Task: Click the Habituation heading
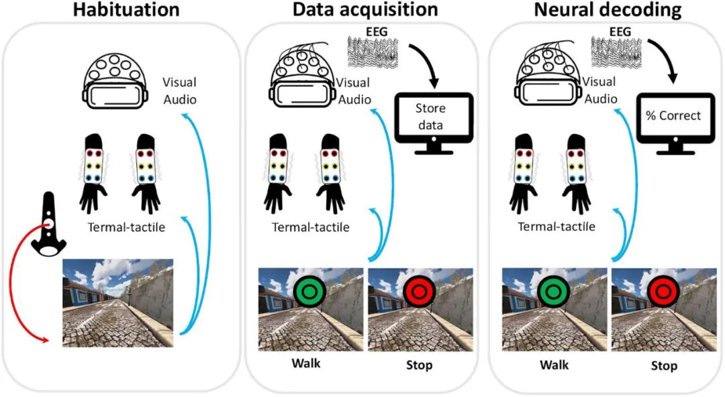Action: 126,9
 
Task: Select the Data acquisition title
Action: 365,9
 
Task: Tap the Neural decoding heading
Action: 608,9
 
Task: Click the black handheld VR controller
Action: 48,224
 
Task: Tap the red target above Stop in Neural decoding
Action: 663,292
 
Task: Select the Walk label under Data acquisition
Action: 305,363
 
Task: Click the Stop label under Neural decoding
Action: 663,366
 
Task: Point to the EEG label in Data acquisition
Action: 376,32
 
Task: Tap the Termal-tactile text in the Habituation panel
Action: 126,227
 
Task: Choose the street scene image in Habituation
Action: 118,302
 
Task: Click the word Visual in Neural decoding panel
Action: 599,82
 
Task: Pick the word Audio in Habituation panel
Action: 180,99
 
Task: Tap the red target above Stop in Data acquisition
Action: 419,292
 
